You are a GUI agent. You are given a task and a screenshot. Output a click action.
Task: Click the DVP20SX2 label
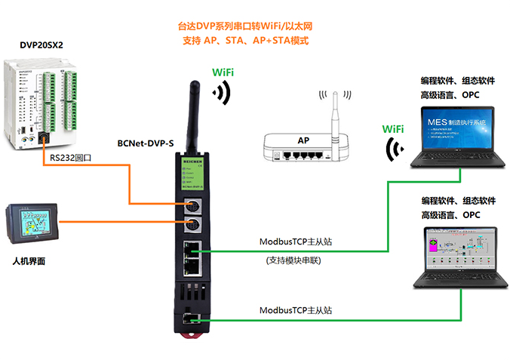(41, 46)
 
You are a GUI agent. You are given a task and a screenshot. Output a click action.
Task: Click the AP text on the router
(303, 140)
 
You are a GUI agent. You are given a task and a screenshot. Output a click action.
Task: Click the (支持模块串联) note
(294, 260)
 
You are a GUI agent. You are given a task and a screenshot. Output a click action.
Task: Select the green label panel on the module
(194, 177)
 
